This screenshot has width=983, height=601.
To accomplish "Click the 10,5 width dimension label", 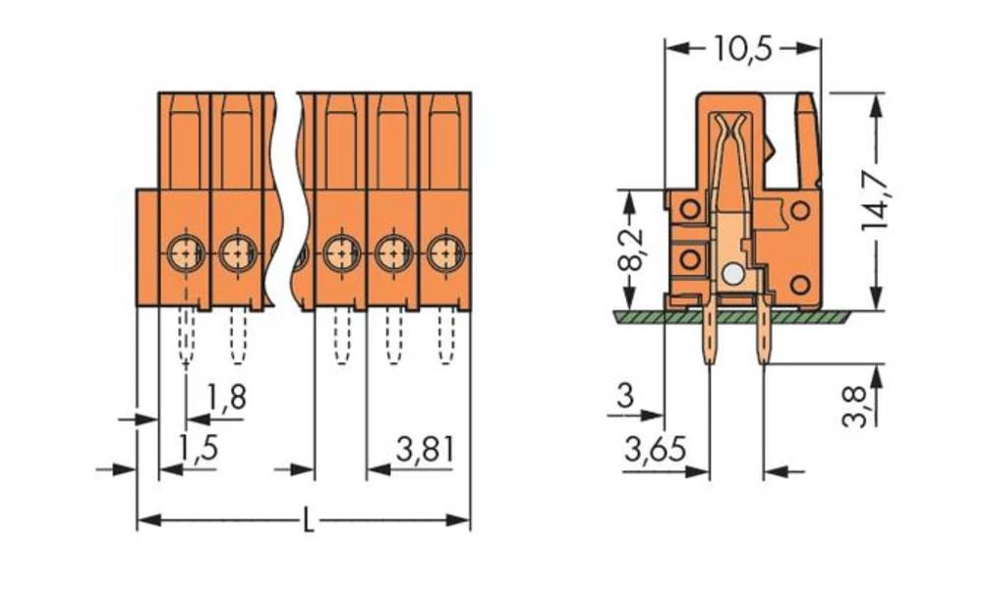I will point(742,48).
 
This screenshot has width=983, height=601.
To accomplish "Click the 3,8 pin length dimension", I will point(857,405).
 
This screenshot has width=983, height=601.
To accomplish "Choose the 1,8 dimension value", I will point(227,397).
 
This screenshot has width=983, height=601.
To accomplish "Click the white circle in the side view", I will point(730,275).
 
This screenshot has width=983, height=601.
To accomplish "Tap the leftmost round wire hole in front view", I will point(184,253).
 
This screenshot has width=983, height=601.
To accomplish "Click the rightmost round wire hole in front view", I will point(445,253).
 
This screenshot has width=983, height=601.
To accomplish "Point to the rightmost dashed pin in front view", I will point(445,336).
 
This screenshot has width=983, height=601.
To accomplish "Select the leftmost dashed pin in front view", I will point(186,336).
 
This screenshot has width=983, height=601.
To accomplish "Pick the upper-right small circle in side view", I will point(801,209).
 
